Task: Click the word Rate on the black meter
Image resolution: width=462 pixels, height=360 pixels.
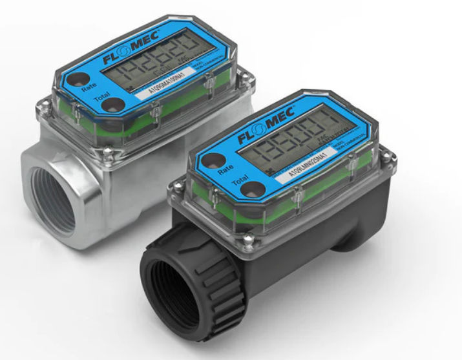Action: [226, 169]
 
